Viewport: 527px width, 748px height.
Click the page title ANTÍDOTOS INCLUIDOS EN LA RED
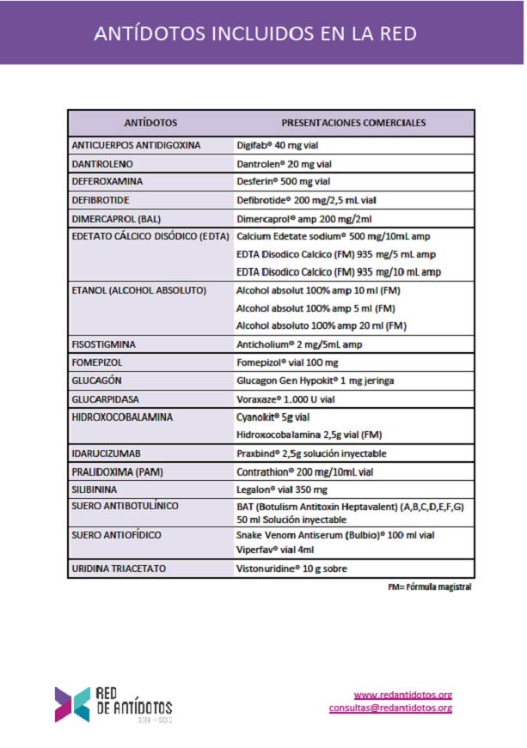tap(255, 33)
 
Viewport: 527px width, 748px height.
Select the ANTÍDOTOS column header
tap(150, 123)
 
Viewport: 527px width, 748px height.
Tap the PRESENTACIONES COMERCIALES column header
tap(353, 123)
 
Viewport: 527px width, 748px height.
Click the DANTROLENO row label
tap(102, 163)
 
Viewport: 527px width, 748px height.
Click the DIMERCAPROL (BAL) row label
tap(116, 218)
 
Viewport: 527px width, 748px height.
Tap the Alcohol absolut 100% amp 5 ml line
tap(315, 308)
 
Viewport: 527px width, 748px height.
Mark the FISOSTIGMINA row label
tap(104, 344)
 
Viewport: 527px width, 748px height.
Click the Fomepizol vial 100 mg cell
tap(287, 362)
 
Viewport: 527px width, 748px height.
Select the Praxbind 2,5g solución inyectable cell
tap(311, 453)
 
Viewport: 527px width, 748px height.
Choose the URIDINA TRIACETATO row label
tap(119, 569)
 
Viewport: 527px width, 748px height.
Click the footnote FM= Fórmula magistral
tap(429, 587)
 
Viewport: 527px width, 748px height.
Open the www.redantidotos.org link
tap(402, 695)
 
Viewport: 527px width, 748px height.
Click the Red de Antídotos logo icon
tap(72, 702)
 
